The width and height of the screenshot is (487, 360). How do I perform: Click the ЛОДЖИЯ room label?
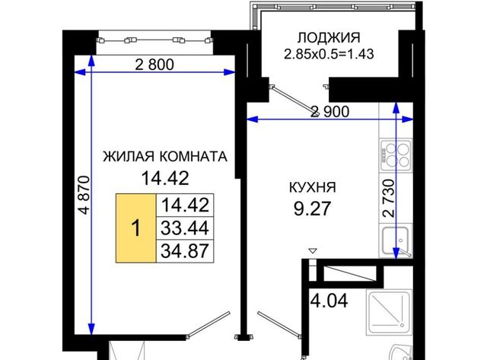(329, 38)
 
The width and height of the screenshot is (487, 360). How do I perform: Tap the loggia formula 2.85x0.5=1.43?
(329, 54)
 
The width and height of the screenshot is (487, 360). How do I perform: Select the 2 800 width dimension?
(154, 65)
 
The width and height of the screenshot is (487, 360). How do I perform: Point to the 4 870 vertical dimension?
(84, 195)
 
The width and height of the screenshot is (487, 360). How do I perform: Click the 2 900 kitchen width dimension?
(330, 112)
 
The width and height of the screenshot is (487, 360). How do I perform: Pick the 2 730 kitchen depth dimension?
(389, 198)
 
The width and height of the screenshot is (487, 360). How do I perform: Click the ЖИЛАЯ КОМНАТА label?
(165, 157)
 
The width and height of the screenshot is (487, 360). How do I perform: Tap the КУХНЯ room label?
(313, 187)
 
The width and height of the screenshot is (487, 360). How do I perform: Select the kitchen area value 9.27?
(312, 208)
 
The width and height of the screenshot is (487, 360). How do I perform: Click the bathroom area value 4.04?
(329, 301)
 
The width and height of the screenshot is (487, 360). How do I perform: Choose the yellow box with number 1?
(136, 228)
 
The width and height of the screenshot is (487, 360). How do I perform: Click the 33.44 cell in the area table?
(185, 228)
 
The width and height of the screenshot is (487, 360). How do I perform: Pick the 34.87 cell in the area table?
(185, 251)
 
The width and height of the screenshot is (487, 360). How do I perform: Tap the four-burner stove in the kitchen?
(396, 155)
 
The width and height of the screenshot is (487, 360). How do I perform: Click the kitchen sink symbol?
(396, 241)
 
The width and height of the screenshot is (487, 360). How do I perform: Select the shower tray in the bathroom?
(389, 312)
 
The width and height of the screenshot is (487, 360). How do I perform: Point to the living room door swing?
(208, 324)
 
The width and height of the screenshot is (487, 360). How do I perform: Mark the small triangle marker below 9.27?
(313, 250)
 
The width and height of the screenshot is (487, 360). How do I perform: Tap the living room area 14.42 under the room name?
(165, 178)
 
